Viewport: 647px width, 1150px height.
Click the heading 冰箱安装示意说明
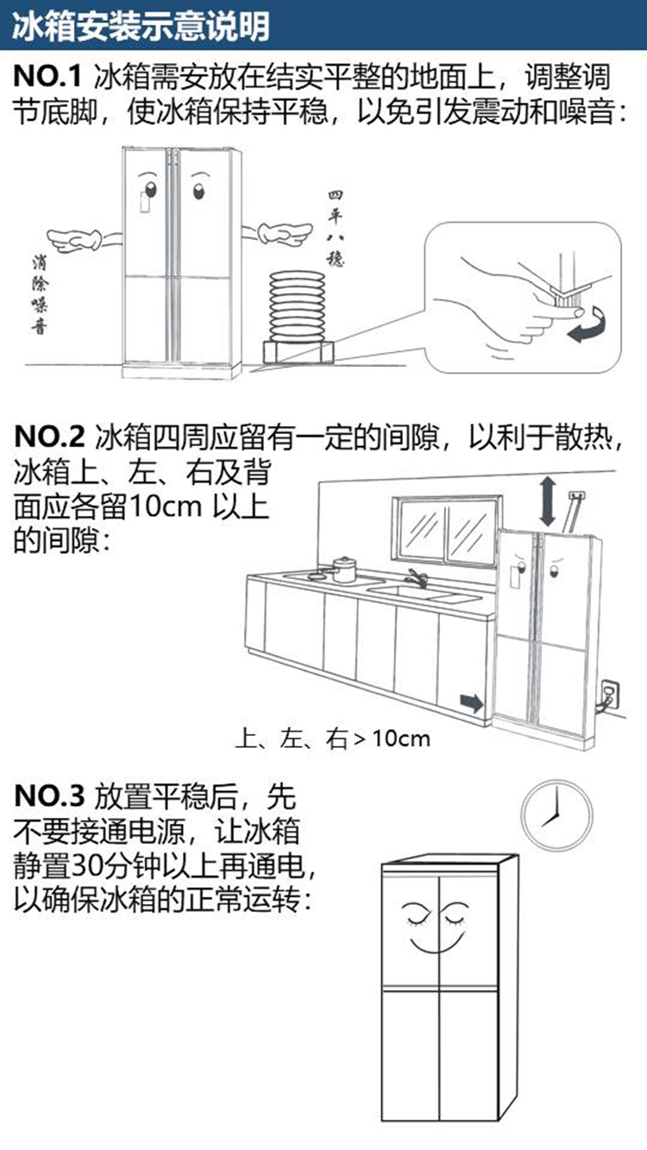point(141,27)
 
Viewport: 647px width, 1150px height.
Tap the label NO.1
point(47,78)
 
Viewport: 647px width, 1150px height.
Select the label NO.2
point(49,437)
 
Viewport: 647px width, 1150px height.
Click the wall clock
point(557,816)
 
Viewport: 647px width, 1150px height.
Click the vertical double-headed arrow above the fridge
point(547,503)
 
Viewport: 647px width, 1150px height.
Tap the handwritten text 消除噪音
point(38,294)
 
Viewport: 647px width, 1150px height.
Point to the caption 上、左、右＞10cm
point(332,738)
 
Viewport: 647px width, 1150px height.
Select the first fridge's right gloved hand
point(285,231)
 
